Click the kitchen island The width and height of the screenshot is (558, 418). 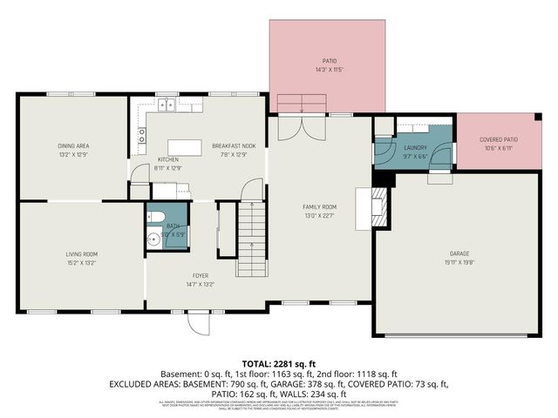pyautogui.click(x=184, y=147)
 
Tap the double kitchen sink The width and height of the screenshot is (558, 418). pyautogui.click(x=167, y=107)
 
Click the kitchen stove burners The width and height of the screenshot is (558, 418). pyautogui.click(x=141, y=135)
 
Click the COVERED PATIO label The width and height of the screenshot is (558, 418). pyautogui.click(x=499, y=140)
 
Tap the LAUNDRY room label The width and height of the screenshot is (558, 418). pyautogui.click(x=416, y=148)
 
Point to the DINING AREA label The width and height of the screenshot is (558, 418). pyautogui.click(x=73, y=145)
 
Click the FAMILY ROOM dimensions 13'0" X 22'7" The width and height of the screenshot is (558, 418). pyautogui.click(x=319, y=215)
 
